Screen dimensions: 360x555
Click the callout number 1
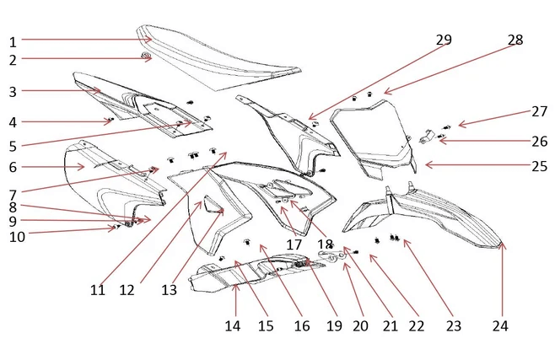(x=13, y=41)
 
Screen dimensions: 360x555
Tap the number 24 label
(x=502, y=323)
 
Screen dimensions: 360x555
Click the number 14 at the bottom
(x=233, y=325)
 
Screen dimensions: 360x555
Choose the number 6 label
(x=13, y=167)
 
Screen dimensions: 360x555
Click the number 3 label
(x=13, y=90)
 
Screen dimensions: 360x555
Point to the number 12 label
(x=127, y=290)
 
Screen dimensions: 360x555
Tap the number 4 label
(x=13, y=122)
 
